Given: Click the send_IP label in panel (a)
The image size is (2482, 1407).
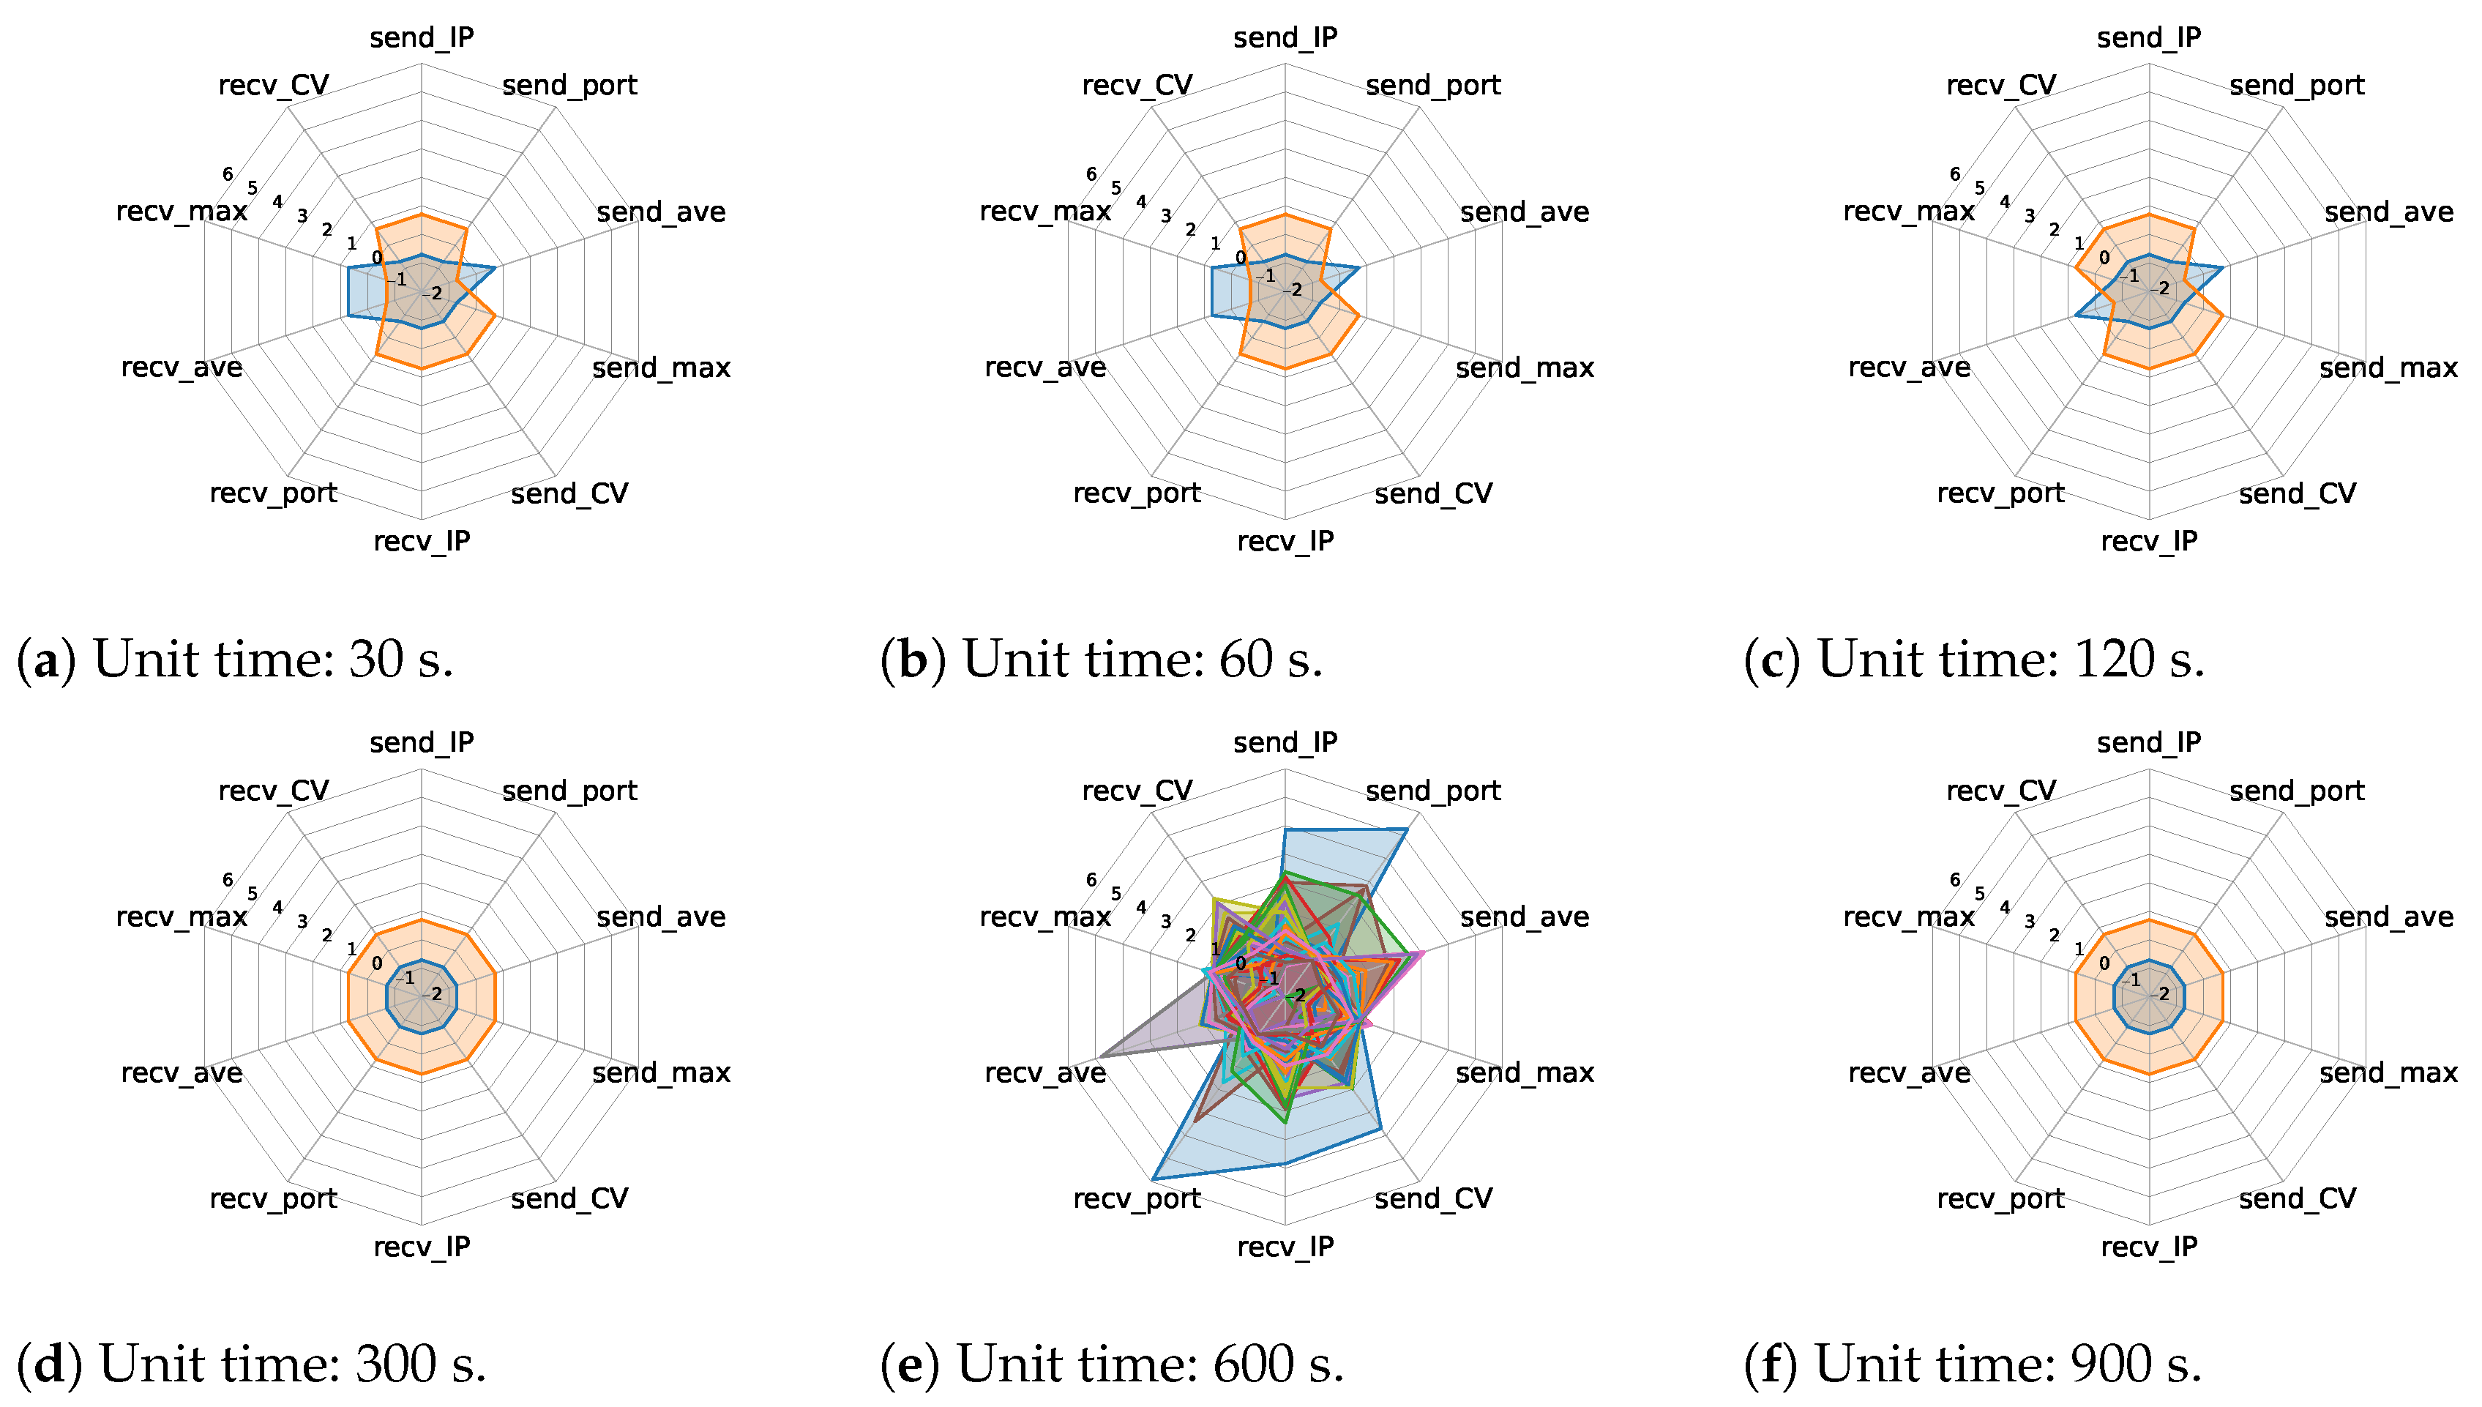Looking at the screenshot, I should click(x=422, y=37).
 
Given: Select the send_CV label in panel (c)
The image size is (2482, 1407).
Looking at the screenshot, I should click(x=2297, y=494).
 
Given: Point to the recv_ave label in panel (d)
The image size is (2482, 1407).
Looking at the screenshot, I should click(x=182, y=1072).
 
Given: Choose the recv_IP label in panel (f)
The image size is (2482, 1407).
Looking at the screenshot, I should click(x=2149, y=1247).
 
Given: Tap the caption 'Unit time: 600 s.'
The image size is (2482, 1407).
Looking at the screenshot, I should click(x=1150, y=1365).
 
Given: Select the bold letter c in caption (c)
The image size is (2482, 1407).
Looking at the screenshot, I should click(x=1772, y=661).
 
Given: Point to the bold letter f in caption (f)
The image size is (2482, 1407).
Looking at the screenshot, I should click(x=1772, y=1365).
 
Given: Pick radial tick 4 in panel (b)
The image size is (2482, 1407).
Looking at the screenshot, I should click(x=1141, y=202).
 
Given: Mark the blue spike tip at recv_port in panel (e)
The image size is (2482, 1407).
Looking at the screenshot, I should click(x=1154, y=1179).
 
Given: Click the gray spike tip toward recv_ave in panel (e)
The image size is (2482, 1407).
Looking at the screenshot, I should click(x=1100, y=1057).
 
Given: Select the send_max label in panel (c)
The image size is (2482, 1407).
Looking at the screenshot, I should click(x=2388, y=368).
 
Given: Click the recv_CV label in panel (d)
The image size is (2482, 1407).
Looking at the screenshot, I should click(x=274, y=791).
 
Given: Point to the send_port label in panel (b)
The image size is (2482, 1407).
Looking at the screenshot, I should click(x=1433, y=86).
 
